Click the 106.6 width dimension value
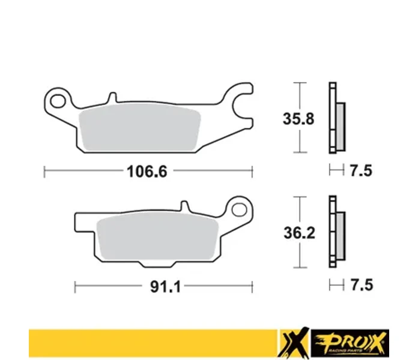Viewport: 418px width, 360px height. click(x=147, y=171)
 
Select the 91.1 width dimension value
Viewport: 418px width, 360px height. click(x=165, y=287)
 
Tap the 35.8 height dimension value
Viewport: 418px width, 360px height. click(x=298, y=119)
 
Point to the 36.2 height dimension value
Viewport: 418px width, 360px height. click(x=299, y=233)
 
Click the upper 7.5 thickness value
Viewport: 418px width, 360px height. click(x=361, y=170)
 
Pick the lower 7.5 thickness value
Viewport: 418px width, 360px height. click(x=362, y=285)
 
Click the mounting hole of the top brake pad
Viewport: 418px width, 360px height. click(x=58, y=101)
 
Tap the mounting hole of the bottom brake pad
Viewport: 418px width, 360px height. click(x=239, y=210)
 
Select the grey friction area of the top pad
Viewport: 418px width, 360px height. click(x=139, y=128)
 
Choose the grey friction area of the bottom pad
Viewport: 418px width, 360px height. click(x=158, y=236)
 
